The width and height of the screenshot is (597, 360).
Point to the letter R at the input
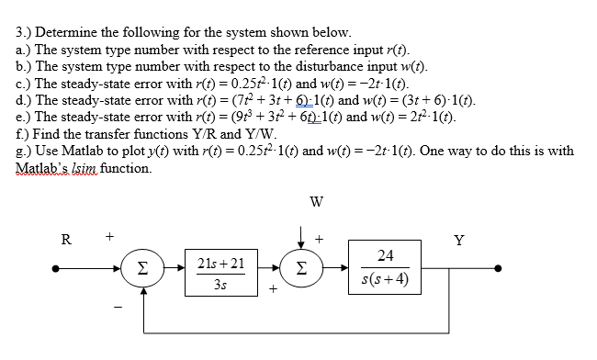pos(66,243)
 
